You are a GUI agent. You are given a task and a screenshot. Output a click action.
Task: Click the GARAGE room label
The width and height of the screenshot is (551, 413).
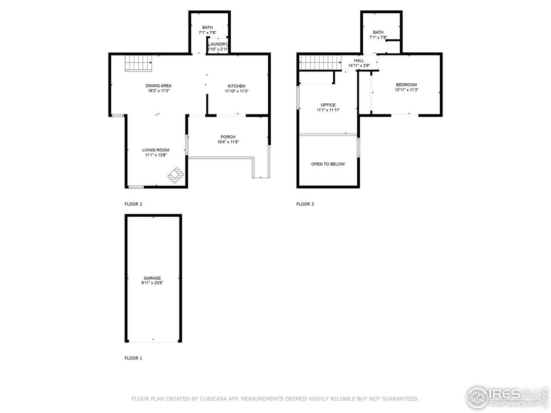pos(152,278)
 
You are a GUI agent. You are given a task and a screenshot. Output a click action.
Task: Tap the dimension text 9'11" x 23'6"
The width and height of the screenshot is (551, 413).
pos(152,283)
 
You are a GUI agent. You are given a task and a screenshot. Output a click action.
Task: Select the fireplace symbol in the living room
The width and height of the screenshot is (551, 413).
pos(176,175)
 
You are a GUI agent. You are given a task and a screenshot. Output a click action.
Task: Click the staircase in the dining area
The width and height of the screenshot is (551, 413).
pos(139,64)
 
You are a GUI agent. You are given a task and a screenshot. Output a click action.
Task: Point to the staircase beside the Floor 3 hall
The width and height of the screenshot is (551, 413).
pos(320,63)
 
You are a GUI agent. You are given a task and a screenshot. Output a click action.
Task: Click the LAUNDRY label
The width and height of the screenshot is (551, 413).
pos(218,44)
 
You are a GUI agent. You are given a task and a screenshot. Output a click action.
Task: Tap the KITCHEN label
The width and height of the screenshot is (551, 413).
pos(236,86)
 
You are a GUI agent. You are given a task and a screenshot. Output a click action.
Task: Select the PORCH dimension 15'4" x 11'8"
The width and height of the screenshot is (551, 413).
pos(228,142)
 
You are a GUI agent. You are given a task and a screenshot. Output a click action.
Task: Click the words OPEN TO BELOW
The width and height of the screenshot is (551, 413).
pos(328,164)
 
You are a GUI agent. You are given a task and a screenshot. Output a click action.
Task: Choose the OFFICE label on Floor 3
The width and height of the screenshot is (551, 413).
pos(328,105)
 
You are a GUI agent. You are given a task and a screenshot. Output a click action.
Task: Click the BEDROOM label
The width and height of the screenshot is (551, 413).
pos(406,85)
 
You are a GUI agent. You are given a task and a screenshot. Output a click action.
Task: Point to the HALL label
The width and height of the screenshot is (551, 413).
pos(359,61)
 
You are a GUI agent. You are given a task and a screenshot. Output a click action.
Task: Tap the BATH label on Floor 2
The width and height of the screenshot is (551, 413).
pos(207,28)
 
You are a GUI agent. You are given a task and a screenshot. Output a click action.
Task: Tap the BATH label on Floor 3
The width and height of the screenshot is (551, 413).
pos(378,32)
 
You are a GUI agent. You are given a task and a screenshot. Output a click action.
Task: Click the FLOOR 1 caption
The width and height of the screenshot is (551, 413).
pos(133,358)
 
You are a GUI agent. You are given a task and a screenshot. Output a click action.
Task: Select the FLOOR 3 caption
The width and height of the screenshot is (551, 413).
pos(305,204)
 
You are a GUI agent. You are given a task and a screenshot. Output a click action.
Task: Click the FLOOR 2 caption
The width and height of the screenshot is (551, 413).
pos(133,204)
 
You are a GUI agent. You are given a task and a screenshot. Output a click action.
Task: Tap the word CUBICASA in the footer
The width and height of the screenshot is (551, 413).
pos(211,399)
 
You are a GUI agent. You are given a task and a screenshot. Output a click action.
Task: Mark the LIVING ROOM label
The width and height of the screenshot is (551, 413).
pos(156,150)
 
